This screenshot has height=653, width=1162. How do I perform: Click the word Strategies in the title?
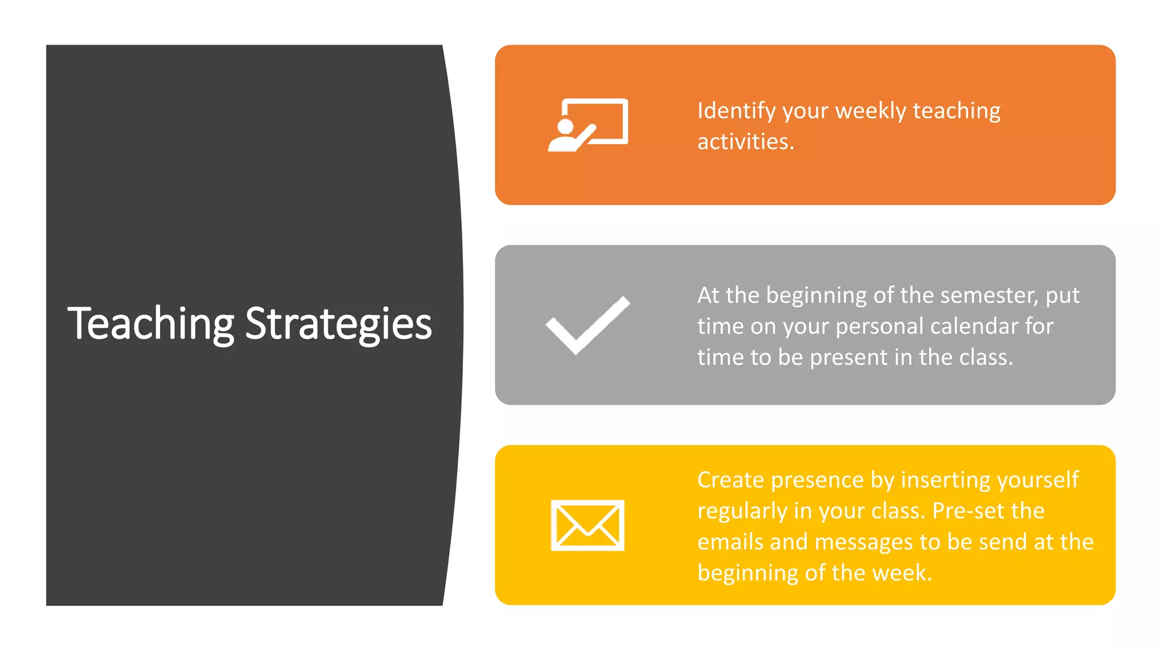click(338, 324)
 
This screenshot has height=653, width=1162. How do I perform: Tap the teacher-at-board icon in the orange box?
click(588, 125)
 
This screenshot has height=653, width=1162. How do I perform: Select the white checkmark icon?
click(588, 325)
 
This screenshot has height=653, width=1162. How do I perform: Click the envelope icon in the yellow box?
click(587, 525)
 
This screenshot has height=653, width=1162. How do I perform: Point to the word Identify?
click(736, 111)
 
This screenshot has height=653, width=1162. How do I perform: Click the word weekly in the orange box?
click(870, 111)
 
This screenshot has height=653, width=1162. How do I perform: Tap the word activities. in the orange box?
click(745, 142)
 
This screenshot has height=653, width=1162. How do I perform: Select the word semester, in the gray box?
click(988, 295)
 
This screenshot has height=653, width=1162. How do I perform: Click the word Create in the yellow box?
click(730, 480)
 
